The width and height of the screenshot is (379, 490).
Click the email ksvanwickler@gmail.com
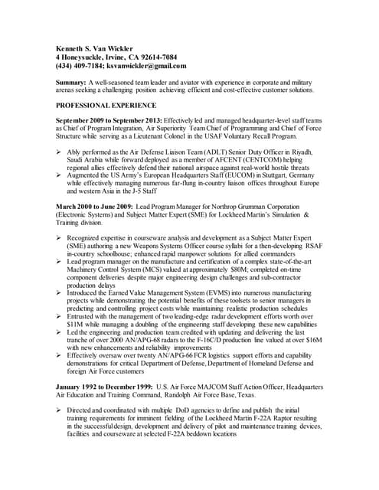pyautogui.click(x=149, y=66)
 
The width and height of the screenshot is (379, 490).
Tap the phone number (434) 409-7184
pyautogui.click(x=81, y=66)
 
